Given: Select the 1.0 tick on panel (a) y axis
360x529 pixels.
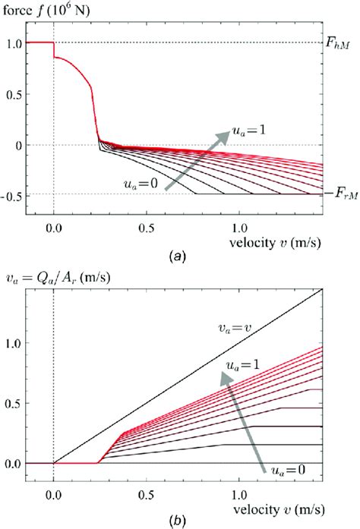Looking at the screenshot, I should point(13,43).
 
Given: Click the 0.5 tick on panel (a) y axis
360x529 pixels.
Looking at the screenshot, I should point(13,93).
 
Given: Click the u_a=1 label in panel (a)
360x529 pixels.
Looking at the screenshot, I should point(255,121).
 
